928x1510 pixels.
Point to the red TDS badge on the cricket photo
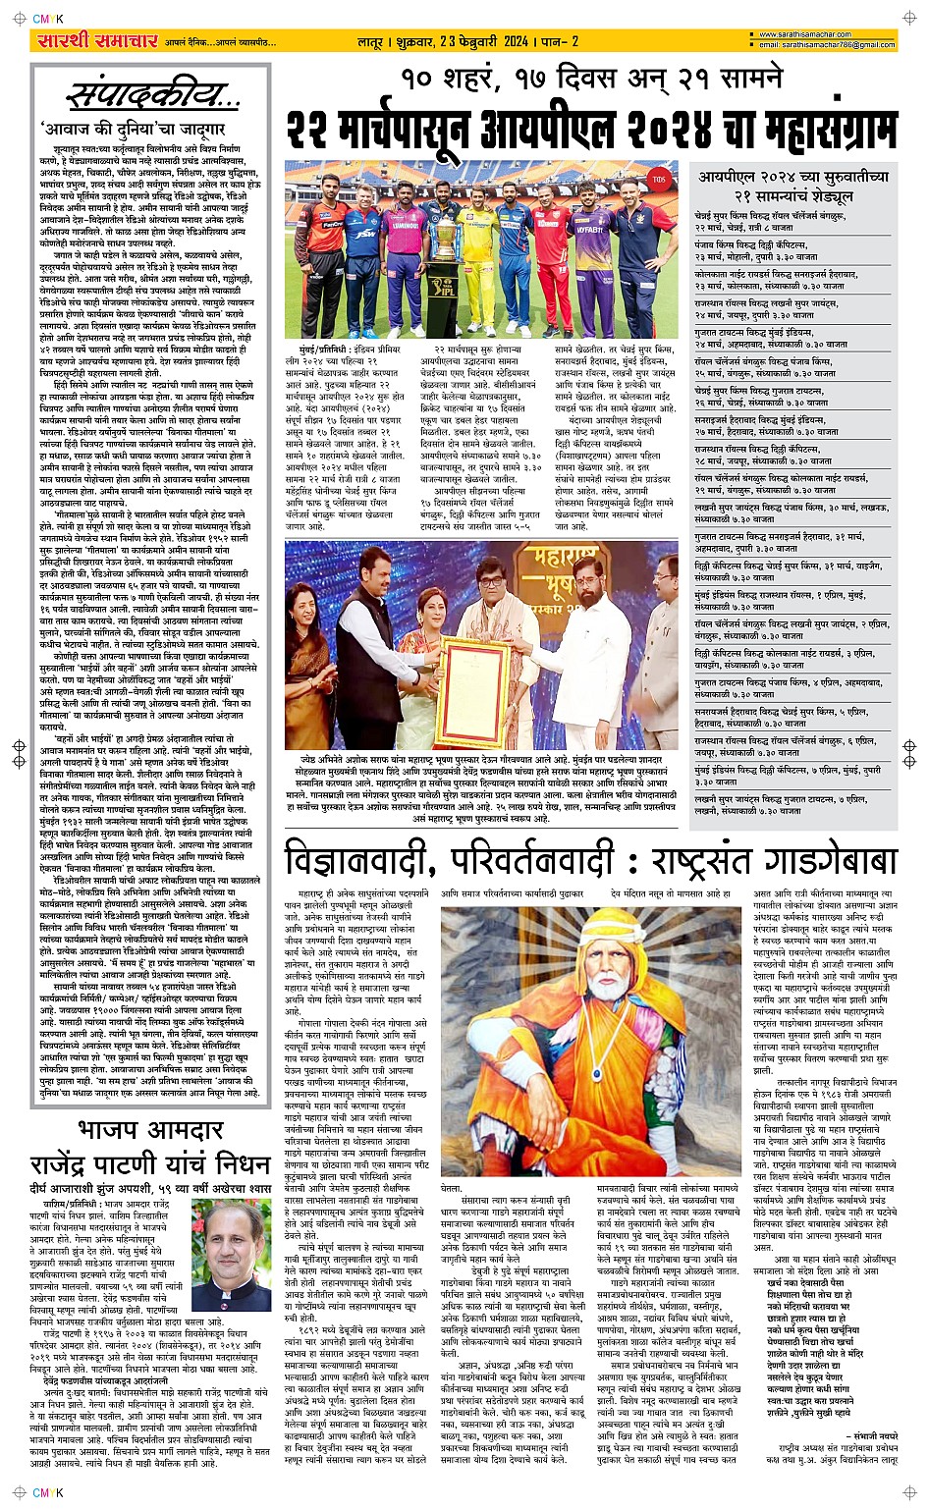click(x=659, y=180)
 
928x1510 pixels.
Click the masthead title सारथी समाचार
click(x=95, y=41)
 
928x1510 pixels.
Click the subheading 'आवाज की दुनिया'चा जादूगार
click(x=134, y=129)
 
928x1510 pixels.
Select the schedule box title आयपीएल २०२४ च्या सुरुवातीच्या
click(x=793, y=177)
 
